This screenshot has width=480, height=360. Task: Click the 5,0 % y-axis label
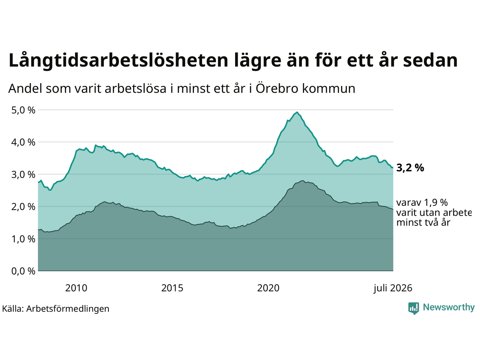[23, 110]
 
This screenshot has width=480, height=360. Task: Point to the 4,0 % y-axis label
[23, 142]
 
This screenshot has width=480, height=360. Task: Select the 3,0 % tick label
[23, 175]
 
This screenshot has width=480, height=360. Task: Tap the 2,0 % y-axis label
[23, 207]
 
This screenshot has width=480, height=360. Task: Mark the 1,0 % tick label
[23, 239]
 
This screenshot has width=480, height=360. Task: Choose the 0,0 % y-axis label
[23, 271]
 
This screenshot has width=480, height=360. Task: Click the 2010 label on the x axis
[76, 288]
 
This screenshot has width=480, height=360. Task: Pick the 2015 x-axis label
[172, 288]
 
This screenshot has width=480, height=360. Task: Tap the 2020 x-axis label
[268, 288]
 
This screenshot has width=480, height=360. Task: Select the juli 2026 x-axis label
[393, 288]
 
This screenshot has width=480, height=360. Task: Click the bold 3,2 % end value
[410, 168]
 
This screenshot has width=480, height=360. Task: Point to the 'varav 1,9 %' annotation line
[422, 203]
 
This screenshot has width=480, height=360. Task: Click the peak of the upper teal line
[297, 112]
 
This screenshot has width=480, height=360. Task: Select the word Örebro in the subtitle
[277, 88]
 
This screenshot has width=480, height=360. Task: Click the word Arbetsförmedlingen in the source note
[67, 309]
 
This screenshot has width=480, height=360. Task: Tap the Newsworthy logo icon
[414, 308]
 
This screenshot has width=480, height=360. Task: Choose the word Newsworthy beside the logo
[449, 307]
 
